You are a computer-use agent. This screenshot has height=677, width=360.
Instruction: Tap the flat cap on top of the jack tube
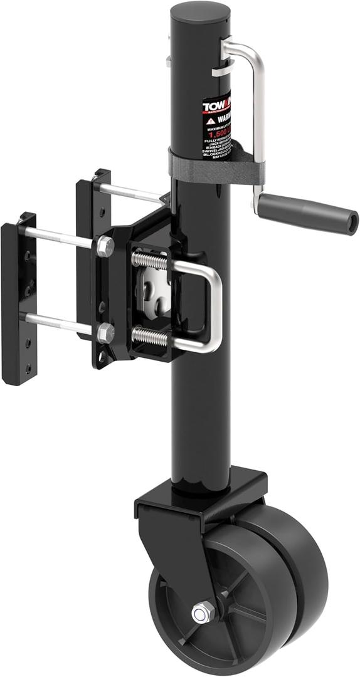[x=199, y=11]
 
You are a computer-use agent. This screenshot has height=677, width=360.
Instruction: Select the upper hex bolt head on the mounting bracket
[x=105, y=246]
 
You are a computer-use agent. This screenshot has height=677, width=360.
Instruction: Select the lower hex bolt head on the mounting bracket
[x=105, y=333]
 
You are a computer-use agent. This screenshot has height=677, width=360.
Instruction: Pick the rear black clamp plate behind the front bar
[x=84, y=251]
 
